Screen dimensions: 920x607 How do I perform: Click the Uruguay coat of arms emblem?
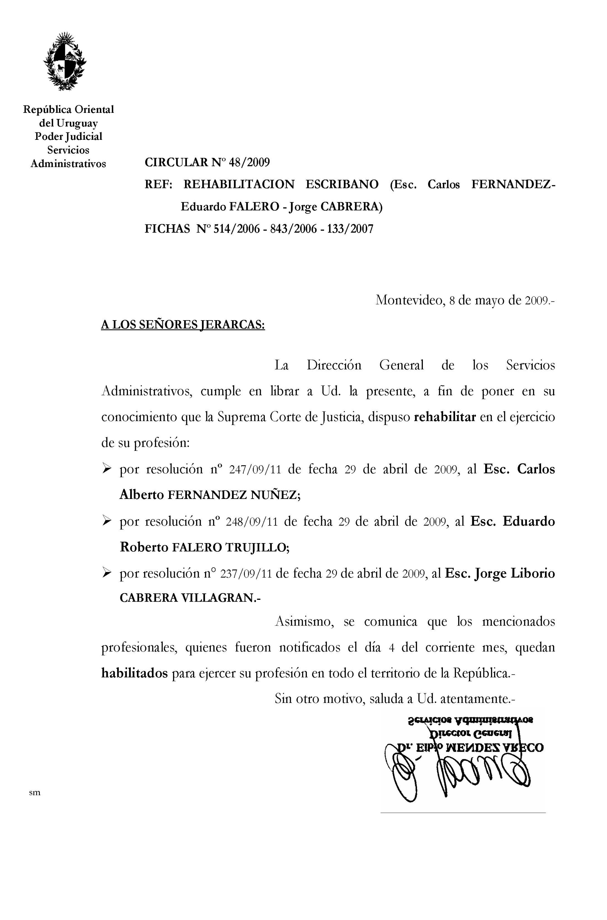[65, 62]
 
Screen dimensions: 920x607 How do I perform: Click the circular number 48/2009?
[249, 162]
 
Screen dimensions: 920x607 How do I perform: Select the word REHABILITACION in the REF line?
[239, 185]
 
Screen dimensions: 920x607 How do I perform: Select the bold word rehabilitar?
[444, 417]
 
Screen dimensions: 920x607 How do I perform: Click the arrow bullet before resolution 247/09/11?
[106, 469]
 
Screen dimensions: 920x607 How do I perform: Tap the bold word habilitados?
[134, 673]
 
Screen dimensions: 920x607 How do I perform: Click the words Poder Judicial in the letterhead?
[68, 136]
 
